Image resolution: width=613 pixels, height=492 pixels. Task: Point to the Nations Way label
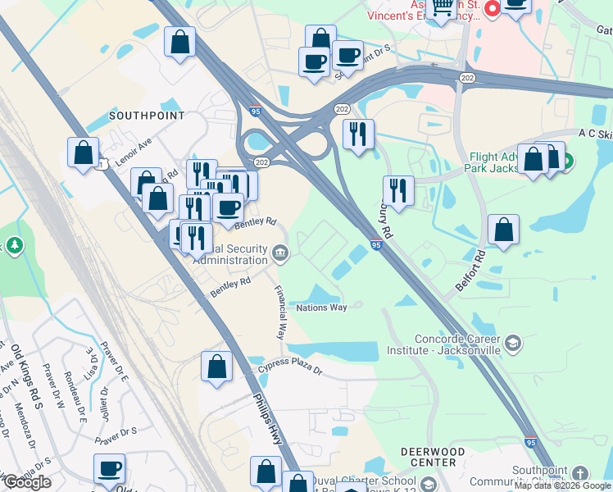tap(321, 307)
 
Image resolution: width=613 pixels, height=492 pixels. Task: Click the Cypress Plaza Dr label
tap(291, 371)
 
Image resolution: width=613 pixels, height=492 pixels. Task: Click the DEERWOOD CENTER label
tap(428, 457)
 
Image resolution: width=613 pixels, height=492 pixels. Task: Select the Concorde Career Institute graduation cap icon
tap(514, 342)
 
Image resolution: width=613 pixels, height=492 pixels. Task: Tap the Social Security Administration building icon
tap(280, 253)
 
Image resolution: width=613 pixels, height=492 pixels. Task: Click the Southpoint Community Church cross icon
tap(579, 474)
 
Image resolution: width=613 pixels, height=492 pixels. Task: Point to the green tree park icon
tap(14, 245)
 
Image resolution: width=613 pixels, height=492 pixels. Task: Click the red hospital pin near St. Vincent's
tap(493, 9)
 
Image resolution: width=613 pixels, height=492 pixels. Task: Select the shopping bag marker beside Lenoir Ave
tap(83, 153)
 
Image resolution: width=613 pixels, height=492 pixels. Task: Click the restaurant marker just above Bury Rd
tap(398, 190)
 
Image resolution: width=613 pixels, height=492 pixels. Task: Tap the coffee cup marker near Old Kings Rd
tap(109, 469)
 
